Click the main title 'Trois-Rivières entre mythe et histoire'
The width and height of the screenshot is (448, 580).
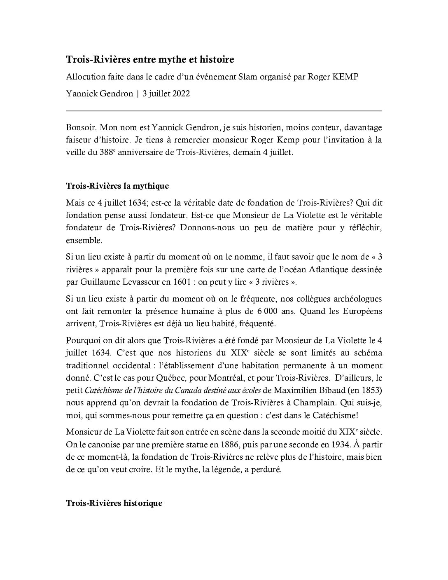pos(150,60)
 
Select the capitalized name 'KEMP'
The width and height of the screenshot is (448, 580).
pos(346,78)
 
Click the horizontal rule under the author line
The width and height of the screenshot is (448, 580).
pos(224,110)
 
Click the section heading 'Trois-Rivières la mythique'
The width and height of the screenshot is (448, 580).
pos(117,186)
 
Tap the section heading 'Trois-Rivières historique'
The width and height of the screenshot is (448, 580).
pos(114,503)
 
